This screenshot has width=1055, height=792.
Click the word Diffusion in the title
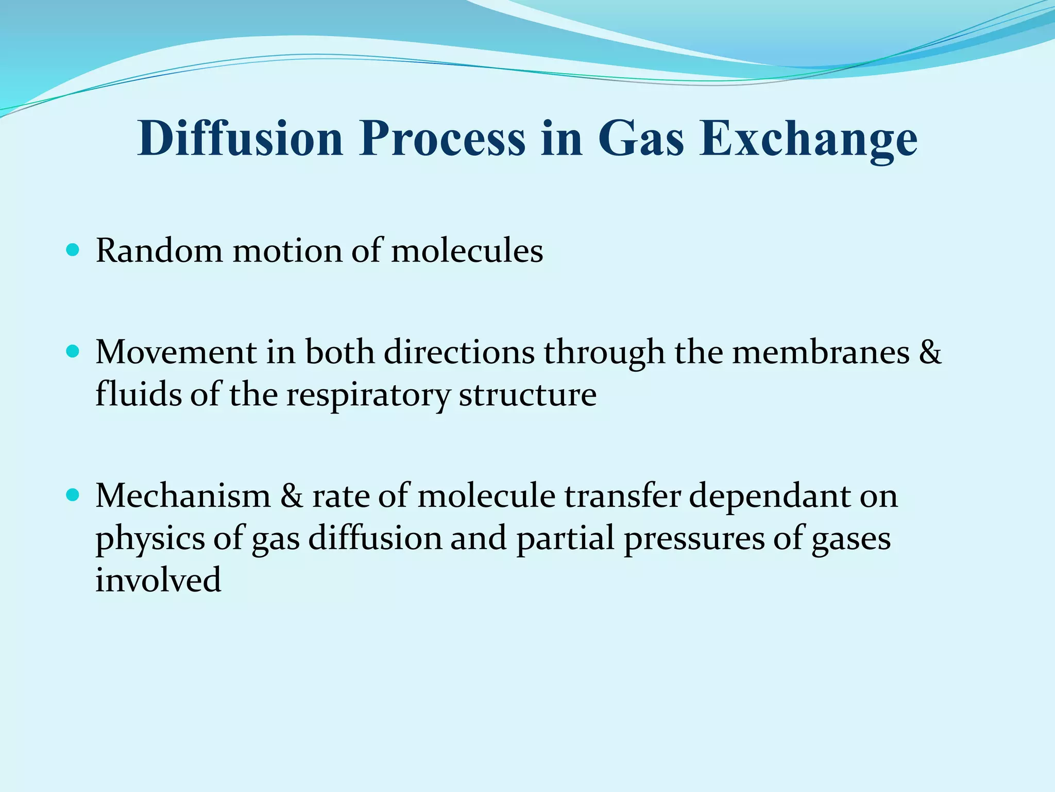click(240, 138)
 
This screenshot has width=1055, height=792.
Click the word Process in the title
click(443, 138)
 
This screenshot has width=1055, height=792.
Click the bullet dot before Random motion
click(73, 251)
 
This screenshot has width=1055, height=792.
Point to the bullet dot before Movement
click(73, 352)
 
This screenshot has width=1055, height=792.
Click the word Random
click(159, 251)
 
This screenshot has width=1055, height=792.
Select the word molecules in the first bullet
click(467, 251)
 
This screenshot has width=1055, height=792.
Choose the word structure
click(527, 395)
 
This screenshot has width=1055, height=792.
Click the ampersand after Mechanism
click(292, 496)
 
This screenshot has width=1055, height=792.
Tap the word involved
click(158, 580)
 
